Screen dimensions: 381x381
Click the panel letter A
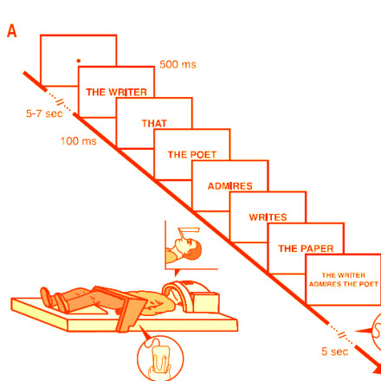(12, 31)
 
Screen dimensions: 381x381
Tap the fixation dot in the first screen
(79, 61)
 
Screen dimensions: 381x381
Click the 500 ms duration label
(178, 64)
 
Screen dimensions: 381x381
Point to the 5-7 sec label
(44, 113)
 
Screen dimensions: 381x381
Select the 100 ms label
(79, 141)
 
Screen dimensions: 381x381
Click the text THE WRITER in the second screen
(116, 92)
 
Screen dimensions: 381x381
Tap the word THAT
(154, 124)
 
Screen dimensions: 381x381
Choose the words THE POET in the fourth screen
(192, 155)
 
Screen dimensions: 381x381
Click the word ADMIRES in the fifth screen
(230, 186)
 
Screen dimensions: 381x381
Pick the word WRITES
(268, 217)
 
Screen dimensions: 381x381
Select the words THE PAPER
(306, 249)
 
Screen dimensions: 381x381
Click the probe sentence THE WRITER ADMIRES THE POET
(344, 280)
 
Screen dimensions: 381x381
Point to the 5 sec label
(335, 352)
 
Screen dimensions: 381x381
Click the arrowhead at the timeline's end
(376, 369)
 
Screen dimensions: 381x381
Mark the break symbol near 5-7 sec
(61, 101)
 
